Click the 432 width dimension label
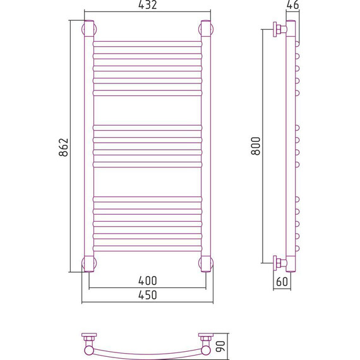click(x=147, y=5)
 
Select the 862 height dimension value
click(x=64, y=147)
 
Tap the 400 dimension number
click(x=148, y=280)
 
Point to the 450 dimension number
click(x=148, y=295)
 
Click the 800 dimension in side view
click(x=256, y=146)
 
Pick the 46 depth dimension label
click(x=292, y=5)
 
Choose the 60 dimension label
click(x=282, y=282)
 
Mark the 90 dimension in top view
click(x=220, y=347)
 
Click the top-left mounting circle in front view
click(x=83, y=30)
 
